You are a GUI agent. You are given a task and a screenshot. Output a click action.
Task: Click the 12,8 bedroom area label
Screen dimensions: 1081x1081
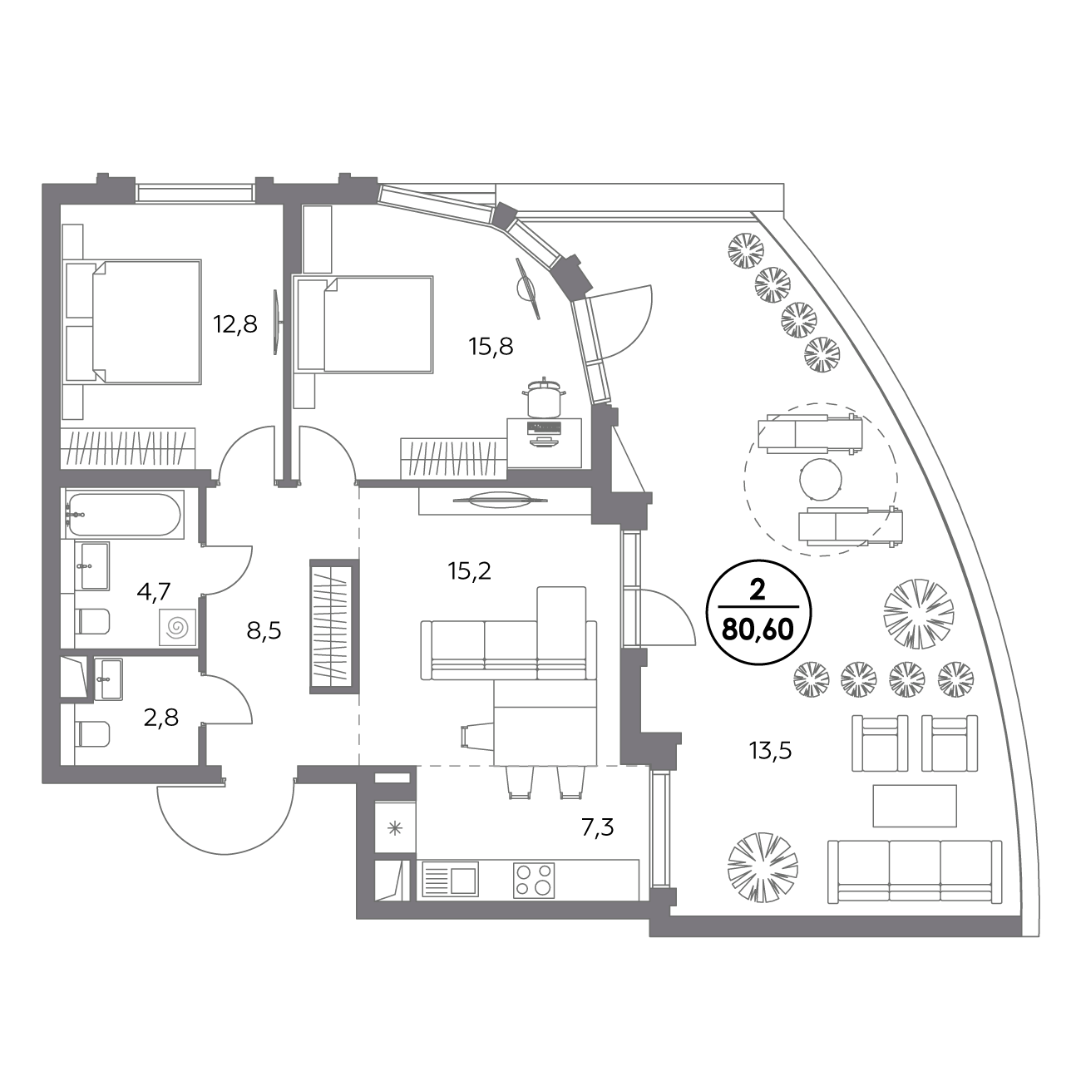235,324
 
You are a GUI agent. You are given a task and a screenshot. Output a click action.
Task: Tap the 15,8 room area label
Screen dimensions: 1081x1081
491,347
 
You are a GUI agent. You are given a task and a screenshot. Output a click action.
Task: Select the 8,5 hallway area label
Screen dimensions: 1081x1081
264,631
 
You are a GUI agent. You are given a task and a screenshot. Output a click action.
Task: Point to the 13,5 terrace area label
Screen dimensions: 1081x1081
770,749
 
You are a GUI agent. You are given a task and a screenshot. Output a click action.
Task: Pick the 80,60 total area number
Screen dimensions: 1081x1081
758,629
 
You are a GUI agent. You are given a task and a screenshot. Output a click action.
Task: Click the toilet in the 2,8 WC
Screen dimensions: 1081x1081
92,733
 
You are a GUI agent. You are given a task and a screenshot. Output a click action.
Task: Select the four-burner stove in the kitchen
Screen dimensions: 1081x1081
533,880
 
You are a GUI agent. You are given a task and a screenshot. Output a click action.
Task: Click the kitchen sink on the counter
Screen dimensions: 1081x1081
451,879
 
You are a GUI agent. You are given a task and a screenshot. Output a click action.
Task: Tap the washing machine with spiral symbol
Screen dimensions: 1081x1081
178,627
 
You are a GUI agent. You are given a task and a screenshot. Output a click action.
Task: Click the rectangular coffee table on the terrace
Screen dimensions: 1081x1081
915,806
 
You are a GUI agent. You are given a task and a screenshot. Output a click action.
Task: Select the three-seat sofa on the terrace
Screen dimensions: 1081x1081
915,871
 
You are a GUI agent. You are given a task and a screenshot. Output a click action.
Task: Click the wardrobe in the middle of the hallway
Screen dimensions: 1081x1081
334,626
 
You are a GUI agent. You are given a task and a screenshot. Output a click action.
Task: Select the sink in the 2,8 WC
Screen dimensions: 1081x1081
108,679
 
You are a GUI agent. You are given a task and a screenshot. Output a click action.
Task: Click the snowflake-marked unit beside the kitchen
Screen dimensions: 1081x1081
395,828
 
